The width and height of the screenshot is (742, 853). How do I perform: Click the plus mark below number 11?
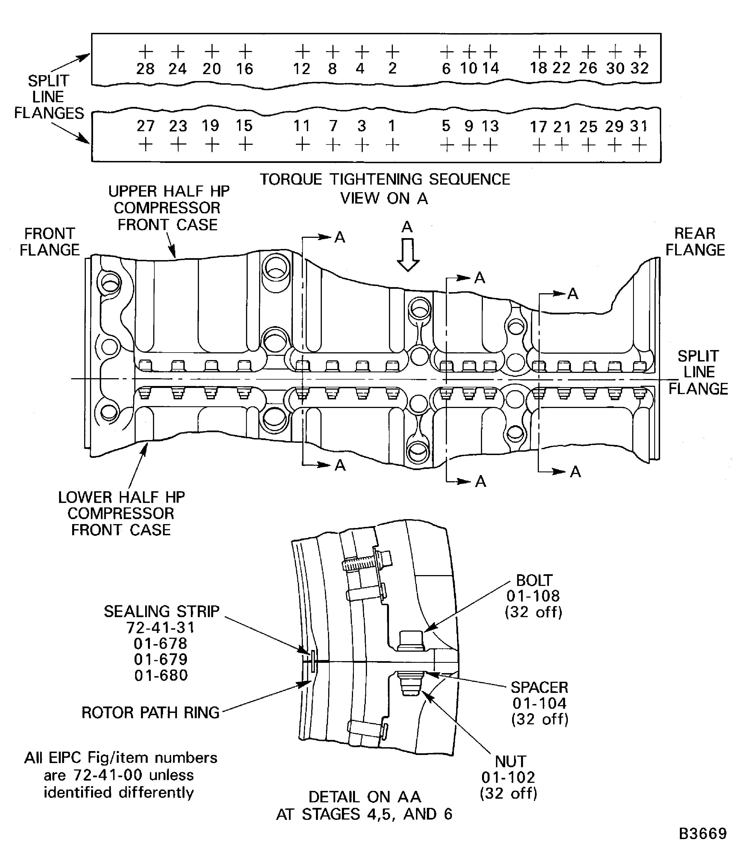point(303,145)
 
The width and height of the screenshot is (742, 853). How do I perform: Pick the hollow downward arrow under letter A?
point(408,255)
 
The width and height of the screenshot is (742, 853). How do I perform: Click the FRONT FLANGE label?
point(50,242)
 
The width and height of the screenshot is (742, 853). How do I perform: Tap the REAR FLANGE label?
point(695,242)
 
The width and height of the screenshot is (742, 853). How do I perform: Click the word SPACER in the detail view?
point(539,688)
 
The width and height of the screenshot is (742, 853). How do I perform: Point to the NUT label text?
point(510,762)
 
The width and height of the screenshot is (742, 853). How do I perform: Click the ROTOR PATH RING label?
point(150,713)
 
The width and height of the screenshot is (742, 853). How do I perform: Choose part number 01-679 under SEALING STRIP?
point(161,659)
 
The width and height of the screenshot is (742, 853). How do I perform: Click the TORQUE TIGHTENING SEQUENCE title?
point(385,179)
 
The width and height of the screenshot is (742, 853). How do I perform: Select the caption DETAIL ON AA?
point(364,797)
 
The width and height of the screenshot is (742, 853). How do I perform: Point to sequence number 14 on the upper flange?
point(491,68)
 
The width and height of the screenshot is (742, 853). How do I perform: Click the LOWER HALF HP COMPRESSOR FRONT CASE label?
point(121,513)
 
